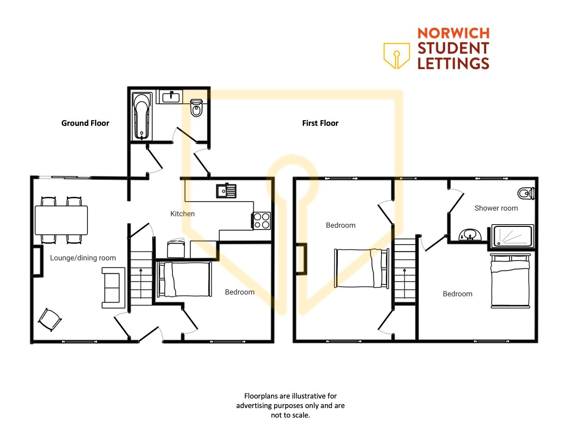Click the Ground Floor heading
[x=85, y=123]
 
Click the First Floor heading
[x=320, y=123]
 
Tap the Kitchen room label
[x=182, y=214]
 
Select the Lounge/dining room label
[x=83, y=258]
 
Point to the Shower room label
[x=496, y=208]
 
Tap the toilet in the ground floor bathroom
[x=196, y=108]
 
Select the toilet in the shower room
[x=526, y=194]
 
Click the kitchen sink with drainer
[x=226, y=191]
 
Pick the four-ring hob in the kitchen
[x=261, y=221]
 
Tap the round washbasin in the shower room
[x=470, y=235]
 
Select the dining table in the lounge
[x=61, y=220]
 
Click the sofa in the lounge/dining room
[x=113, y=288]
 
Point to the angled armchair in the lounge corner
[x=50, y=320]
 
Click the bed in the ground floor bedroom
[x=184, y=280]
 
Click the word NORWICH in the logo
[x=453, y=33]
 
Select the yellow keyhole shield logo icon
[x=397, y=56]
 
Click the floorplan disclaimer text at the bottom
[x=290, y=406]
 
